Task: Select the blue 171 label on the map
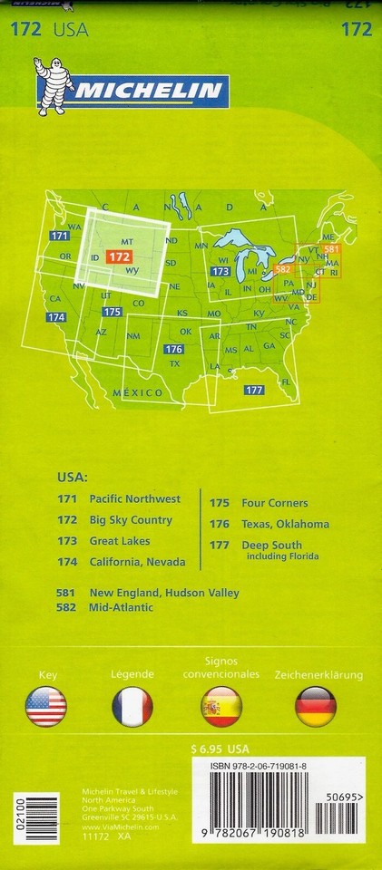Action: pos(60,236)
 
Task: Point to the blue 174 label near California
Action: pos(56,317)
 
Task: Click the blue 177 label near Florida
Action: pos(253,390)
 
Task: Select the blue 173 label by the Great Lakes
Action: pos(219,271)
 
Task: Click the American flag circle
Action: pos(47,707)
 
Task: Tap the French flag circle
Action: pos(132,707)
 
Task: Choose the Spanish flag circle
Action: pos(220,707)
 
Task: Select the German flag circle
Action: pos(316,707)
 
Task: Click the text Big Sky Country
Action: pos(131,520)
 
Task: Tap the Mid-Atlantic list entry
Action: pos(121,607)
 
